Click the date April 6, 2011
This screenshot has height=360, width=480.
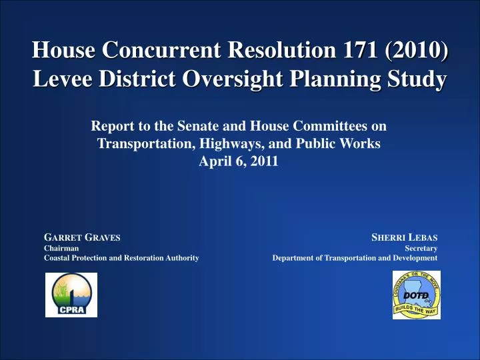[239, 161]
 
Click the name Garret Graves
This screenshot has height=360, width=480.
[82, 237]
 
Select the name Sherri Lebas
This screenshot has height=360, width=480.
[404, 237]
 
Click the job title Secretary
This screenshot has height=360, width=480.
[421, 247]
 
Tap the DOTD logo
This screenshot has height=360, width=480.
[416, 295]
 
